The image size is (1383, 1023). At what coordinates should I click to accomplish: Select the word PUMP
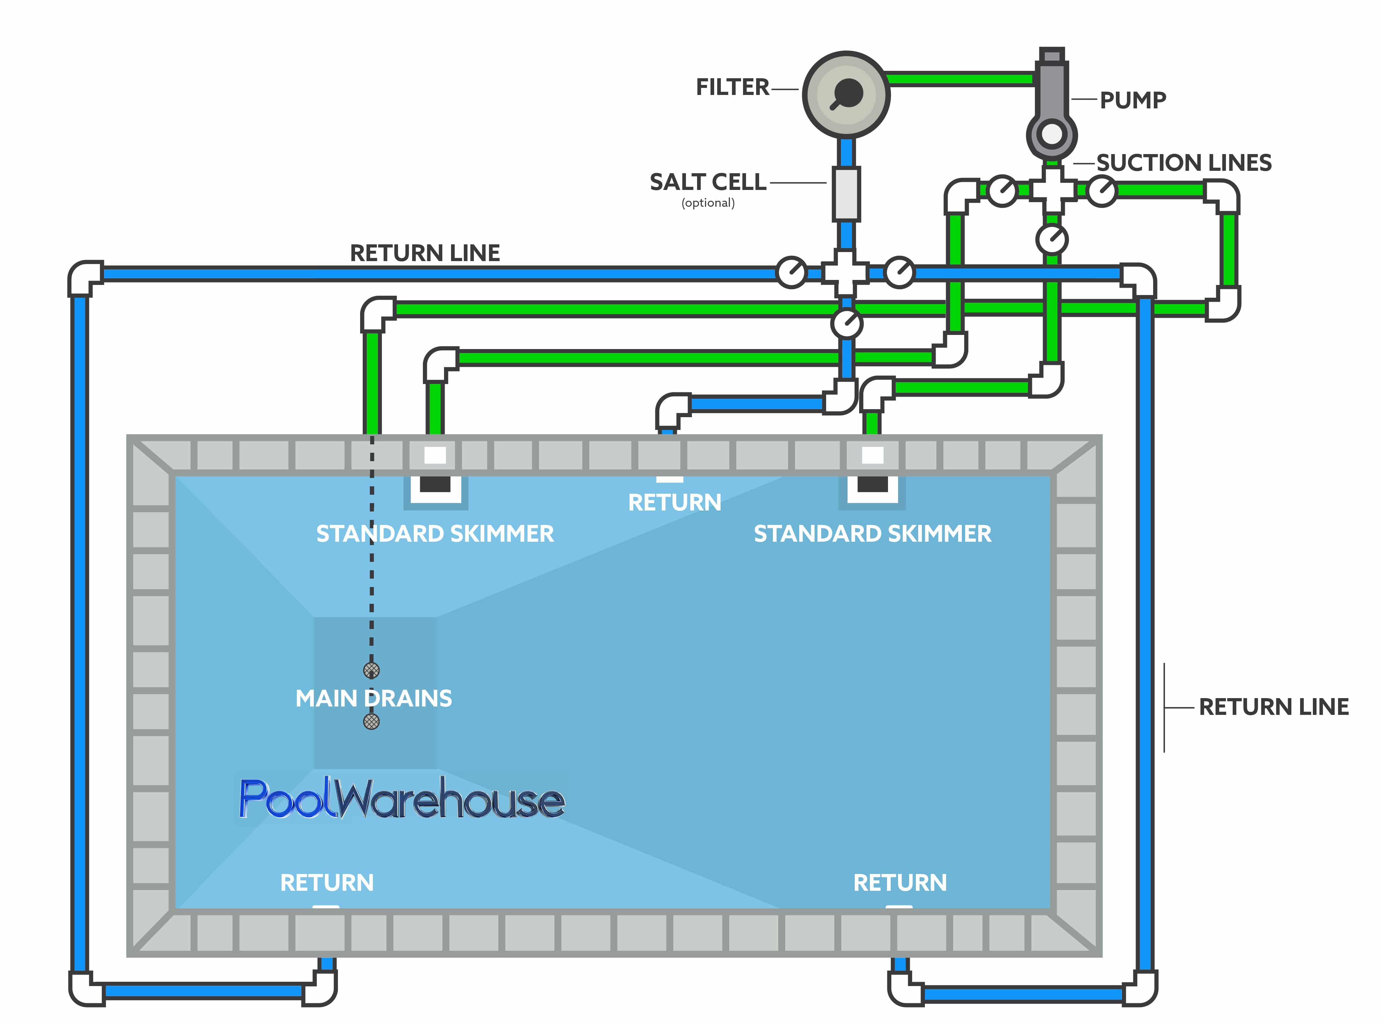[1132, 100]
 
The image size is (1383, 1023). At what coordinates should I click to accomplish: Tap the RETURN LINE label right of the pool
[1273, 707]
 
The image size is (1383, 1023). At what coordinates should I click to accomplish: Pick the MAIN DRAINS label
[373, 698]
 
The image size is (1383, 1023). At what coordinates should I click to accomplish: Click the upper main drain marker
[372, 670]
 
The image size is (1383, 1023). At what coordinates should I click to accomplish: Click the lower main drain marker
[372, 721]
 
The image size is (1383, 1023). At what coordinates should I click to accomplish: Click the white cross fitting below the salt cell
[846, 273]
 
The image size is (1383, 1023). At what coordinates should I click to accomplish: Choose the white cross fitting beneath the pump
[1052, 190]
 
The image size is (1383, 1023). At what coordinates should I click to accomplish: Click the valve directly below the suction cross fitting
[1052, 239]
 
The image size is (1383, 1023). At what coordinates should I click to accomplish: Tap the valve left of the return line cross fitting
[791, 273]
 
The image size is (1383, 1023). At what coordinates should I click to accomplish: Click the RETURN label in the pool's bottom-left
[327, 882]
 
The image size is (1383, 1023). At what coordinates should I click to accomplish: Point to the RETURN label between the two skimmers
[674, 502]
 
